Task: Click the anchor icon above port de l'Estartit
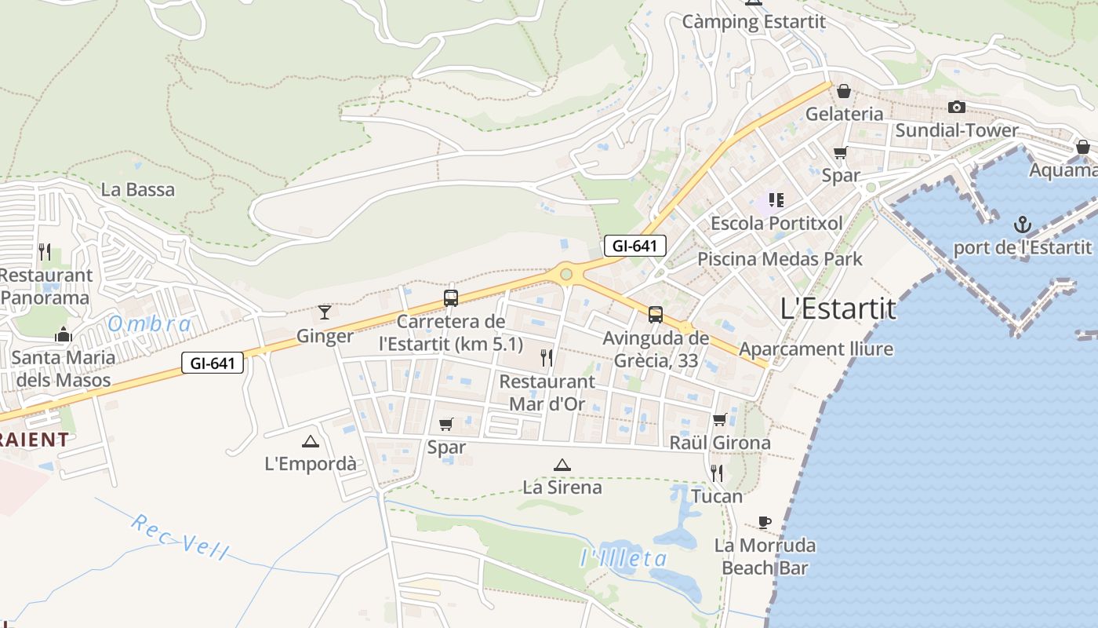(x=1022, y=226)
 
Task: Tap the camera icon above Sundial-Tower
(x=956, y=107)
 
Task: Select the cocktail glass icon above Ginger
(x=325, y=312)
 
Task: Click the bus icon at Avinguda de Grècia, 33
(x=655, y=315)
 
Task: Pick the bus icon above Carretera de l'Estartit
(x=450, y=298)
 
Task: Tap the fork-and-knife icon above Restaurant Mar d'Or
(x=547, y=358)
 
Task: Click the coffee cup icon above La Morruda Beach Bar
(x=765, y=522)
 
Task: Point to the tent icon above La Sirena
(x=562, y=465)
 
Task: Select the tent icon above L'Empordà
(x=311, y=441)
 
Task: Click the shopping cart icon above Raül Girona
(x=719, y=420)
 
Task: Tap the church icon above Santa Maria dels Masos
(x=64, y=334)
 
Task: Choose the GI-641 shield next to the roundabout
(x=635, y=246)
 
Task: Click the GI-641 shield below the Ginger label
(x=213, y=363)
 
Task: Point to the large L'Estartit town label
(x=838, y=309)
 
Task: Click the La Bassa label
(x=138, y=189)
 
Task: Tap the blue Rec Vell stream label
(x=180, y=537)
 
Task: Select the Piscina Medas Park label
(x=780, y=258)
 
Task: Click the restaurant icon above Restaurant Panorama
(x=45, y=252)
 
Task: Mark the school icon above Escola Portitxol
(x=776, y=200)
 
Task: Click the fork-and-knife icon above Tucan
(x=717, y=473)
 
